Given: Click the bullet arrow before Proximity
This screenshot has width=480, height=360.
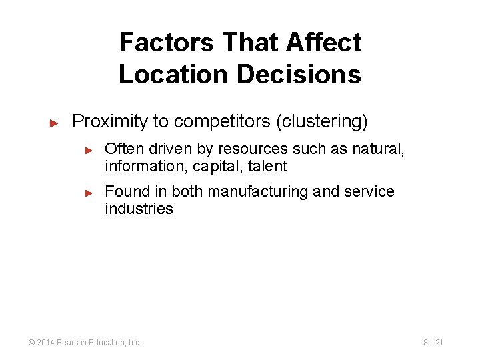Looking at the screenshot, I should pos(55,123).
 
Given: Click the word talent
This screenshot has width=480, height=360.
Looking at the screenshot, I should pos(267,166).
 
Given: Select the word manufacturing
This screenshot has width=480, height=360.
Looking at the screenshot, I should pos(257,191).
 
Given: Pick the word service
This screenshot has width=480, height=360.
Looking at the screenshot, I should pos(369,191).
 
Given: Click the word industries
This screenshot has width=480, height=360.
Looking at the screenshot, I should pos(139,209).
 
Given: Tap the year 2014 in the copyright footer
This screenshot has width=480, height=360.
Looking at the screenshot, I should pos(45,343).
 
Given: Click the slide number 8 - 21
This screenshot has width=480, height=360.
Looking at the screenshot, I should pos(433,343).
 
